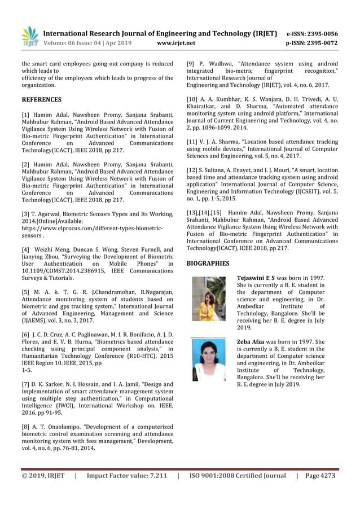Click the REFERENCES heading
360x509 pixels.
(41, 100)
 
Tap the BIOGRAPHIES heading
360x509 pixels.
(208, 263)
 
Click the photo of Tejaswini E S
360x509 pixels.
(208, 299)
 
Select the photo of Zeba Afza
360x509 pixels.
(208, 359)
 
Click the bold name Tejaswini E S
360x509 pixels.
(256, 278)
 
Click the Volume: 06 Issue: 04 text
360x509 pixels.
(79, 43)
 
